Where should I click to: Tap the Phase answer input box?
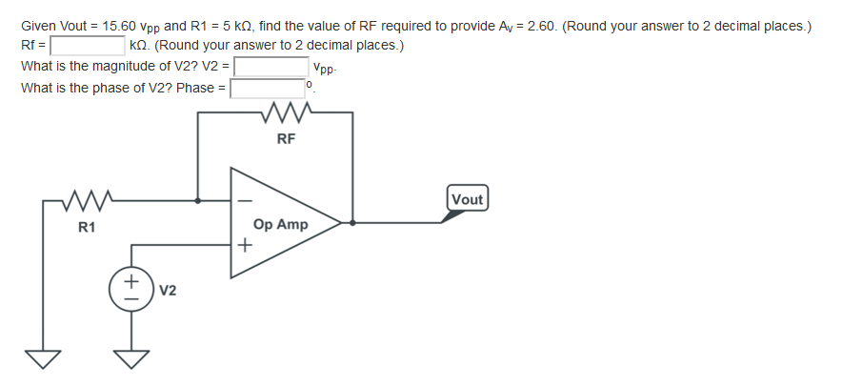[265, 89]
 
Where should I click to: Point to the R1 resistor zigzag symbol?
[87, 201]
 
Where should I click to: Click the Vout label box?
[467, 199]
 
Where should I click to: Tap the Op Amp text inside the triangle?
[280, 224]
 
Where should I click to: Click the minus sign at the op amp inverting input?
[244, 202]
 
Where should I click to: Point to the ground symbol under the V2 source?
[132, 358]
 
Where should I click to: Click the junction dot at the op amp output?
[353, 223]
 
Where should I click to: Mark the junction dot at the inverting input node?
[198, 201]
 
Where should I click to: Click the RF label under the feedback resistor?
[286, 139]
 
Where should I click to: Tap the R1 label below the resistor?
[87, 228]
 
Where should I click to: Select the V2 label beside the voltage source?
[168, 289]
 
